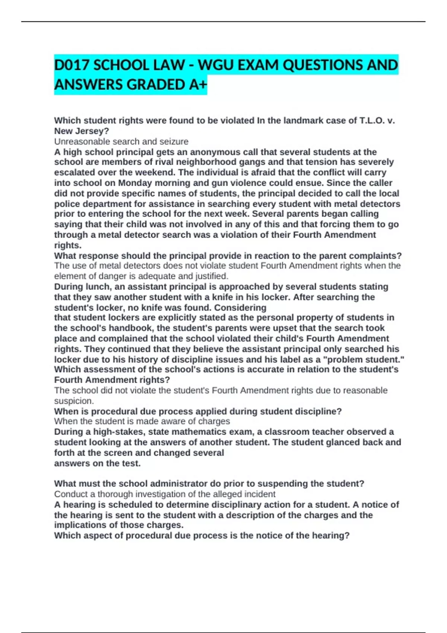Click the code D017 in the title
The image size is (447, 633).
coord(72,66)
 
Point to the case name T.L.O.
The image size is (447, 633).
coord(372,121)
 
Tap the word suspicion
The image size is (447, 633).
coord(74,401)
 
